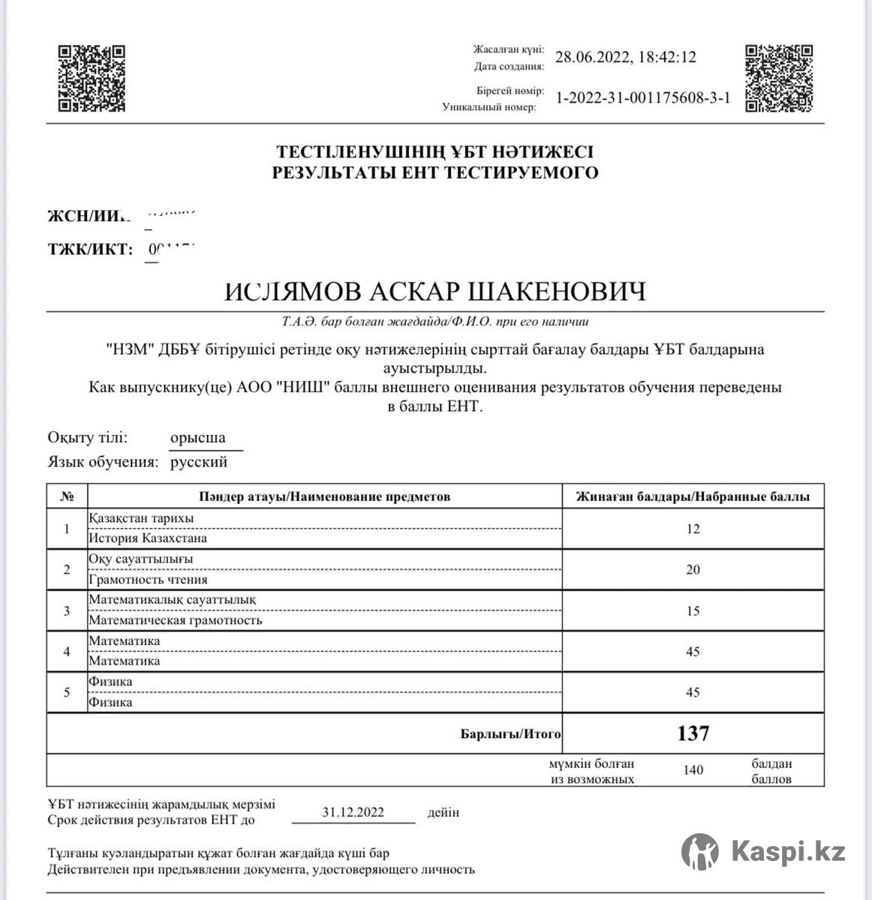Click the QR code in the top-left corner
[x=92, y=78]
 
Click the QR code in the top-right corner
[x=778, y=78]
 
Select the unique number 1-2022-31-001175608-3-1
[x=642, y=98]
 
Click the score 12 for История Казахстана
[x=693, y=529]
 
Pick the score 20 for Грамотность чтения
[x=693, y=570]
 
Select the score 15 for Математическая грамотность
[x=693, y=611]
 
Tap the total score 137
[x=693, y=733]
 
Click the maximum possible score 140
[x=693, y=770]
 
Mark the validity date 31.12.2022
[x=353, y=812]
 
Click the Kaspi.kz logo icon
[x=699, y=851]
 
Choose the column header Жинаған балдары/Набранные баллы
[x=693, y=496]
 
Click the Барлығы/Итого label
[x=510, y=734]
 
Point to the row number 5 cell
[x=67, y=692]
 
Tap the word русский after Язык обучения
[x=199, y=462]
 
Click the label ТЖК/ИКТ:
[x=90, y=249]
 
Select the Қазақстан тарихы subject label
[x=141, y=519]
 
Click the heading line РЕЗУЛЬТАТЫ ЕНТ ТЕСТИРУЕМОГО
[x=435, y=173]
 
